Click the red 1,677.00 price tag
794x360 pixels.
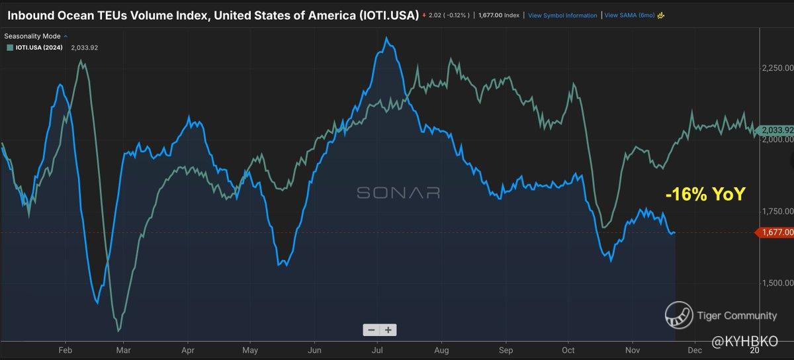pos(774,232)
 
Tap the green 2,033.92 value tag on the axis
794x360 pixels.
pos(774,130)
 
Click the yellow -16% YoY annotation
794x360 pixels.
pos(705,195)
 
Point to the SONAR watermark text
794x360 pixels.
pos(398,193)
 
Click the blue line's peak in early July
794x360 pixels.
pos(386,38)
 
